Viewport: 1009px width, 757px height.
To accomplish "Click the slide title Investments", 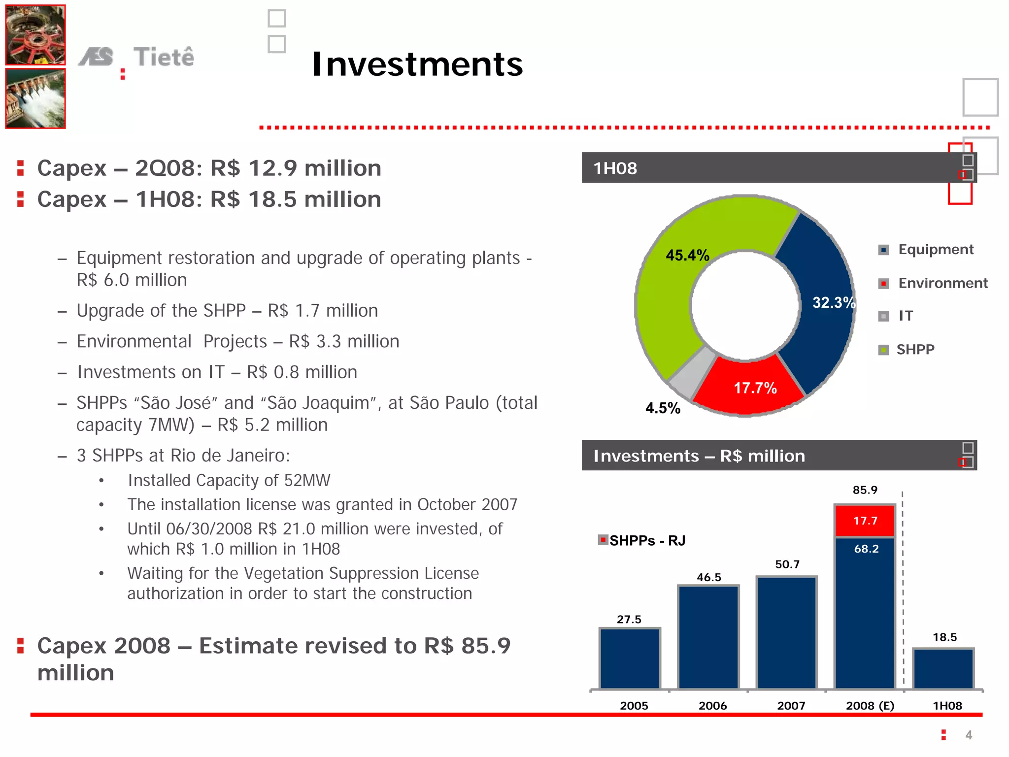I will coord(417,64).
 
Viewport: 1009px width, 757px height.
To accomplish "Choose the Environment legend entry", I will coord(942,283).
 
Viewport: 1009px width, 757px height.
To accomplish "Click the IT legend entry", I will coord(905,316).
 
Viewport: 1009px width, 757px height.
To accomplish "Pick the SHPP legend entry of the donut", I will coord(915,350).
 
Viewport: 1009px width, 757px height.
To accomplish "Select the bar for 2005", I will coord(630,658).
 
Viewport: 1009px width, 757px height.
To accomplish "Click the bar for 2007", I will coord(787,633).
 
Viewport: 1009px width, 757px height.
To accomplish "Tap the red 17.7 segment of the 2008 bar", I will coord(865,521).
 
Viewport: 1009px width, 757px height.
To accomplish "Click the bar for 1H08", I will coord(943,669).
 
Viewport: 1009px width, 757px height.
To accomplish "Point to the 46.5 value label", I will coord(708,577).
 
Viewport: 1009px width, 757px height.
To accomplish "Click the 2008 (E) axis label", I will coord(870,706).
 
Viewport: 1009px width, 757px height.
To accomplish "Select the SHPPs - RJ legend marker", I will coord(603,540).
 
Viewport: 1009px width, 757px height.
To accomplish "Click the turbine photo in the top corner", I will coord(35,35).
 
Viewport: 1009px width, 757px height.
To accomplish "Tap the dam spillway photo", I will coord(35,99).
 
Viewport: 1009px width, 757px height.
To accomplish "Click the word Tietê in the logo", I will coord(164,57).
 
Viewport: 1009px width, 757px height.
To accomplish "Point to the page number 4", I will coord(969,735).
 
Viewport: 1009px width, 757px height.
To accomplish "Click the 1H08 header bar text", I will coord(615,168).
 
